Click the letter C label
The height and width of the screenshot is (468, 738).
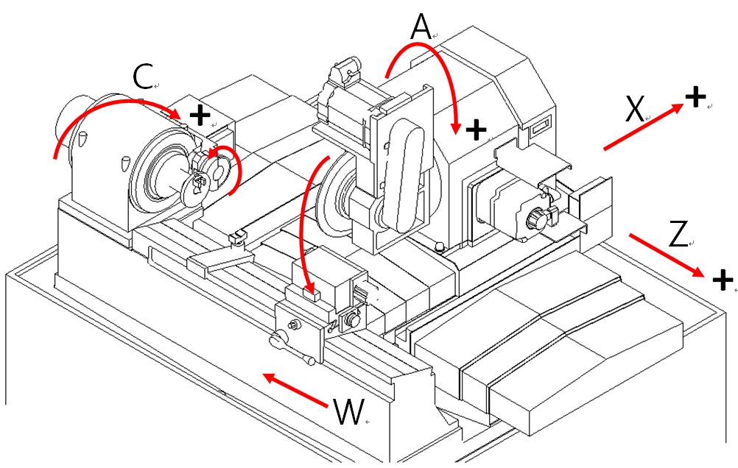coord(143,77)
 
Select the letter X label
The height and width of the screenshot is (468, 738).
coord(635,110)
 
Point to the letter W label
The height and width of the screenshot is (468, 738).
coord(348,413)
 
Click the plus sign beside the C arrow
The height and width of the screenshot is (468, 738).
coord(199,116)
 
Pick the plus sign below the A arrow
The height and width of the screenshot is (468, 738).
coord(477,130)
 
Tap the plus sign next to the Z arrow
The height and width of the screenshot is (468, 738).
coord(723,279)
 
